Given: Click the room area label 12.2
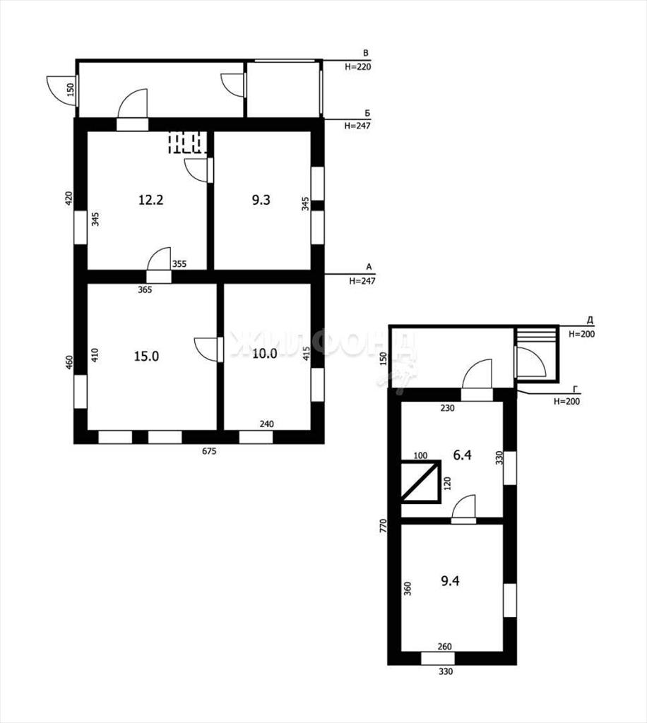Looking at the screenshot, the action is pos(150,200).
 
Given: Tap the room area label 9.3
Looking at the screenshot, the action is pos(261,200).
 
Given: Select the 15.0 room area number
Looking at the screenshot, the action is pos(146,356).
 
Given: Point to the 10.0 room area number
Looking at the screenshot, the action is pos(265,354).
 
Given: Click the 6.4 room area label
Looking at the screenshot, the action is pos(462,455).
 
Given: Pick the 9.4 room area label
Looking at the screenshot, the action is pos(450,581).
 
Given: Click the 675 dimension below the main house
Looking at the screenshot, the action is pos(209,451).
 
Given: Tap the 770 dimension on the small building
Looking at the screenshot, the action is pos(383,526).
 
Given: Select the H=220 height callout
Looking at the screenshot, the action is pos(358,66).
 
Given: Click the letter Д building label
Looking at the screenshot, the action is pos(589,320).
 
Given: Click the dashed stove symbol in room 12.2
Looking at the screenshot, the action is pos(187,143).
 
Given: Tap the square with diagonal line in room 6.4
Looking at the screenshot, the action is pos(420,482).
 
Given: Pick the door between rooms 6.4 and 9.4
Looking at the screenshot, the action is pos(463,509).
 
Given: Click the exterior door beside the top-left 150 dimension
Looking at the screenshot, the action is pos(61,90).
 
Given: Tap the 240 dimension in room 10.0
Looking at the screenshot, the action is pos(266,424).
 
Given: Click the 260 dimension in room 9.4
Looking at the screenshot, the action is pos(444,647).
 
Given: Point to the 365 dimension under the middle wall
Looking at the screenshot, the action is pos(145,289).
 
